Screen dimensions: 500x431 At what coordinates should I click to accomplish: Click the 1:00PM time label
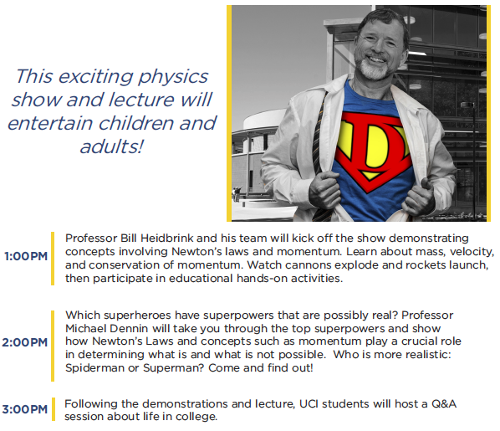tap(26, 256)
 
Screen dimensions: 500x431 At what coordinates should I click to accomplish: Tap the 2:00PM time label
tap(25, 342)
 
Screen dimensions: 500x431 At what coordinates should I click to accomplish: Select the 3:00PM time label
tap(25, 409)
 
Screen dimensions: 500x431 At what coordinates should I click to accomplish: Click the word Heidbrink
tap(167, 239)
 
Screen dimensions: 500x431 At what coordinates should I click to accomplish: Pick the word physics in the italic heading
tap(173, 78)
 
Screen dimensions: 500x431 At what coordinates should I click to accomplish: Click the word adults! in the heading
tap(111, 146)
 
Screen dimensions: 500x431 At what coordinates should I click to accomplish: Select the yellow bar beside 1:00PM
tap(53, 259)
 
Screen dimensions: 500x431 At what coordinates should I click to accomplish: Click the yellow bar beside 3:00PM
tap(54, 409)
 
